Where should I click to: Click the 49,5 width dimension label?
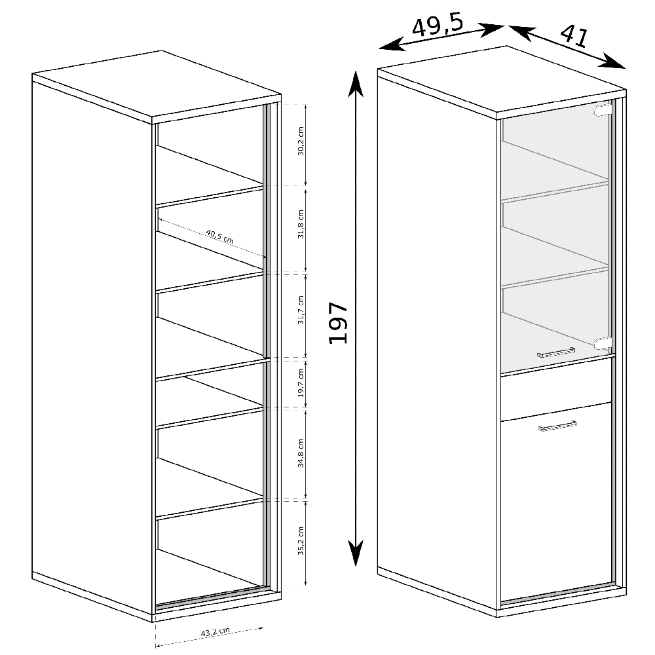point(438,26)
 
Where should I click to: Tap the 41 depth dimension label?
point(573,36)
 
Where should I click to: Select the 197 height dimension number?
point(338,323)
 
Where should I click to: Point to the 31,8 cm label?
point(301,225)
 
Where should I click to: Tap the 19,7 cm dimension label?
point(301,383)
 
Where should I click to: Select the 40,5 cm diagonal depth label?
point(219,236)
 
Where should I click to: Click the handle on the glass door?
point(555,352)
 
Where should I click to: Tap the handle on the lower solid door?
point(557,426)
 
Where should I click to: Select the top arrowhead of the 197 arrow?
point(355,83)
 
